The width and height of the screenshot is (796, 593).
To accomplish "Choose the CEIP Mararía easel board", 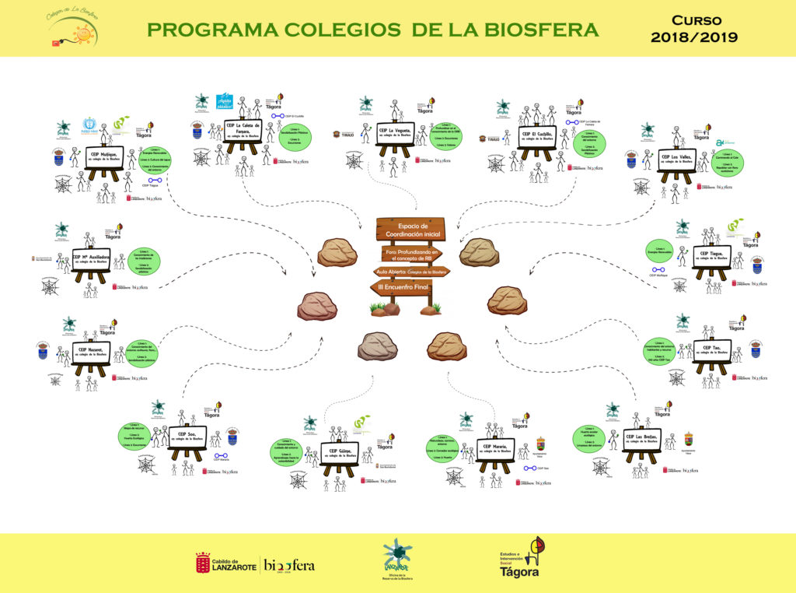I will (x=495, y=451).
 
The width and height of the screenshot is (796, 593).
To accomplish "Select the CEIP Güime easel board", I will (x=339, y=453).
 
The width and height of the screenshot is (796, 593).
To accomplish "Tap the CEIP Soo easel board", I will (x=187, y=437).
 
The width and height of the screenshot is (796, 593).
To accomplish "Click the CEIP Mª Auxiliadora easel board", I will (x=91, y=258).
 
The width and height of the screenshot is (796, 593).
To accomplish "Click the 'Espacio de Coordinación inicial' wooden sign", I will (x=411, y=230).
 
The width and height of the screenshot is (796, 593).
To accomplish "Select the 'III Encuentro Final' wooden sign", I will (x=400, y=288).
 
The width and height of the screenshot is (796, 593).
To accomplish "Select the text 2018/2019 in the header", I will (x=694, y=37).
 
